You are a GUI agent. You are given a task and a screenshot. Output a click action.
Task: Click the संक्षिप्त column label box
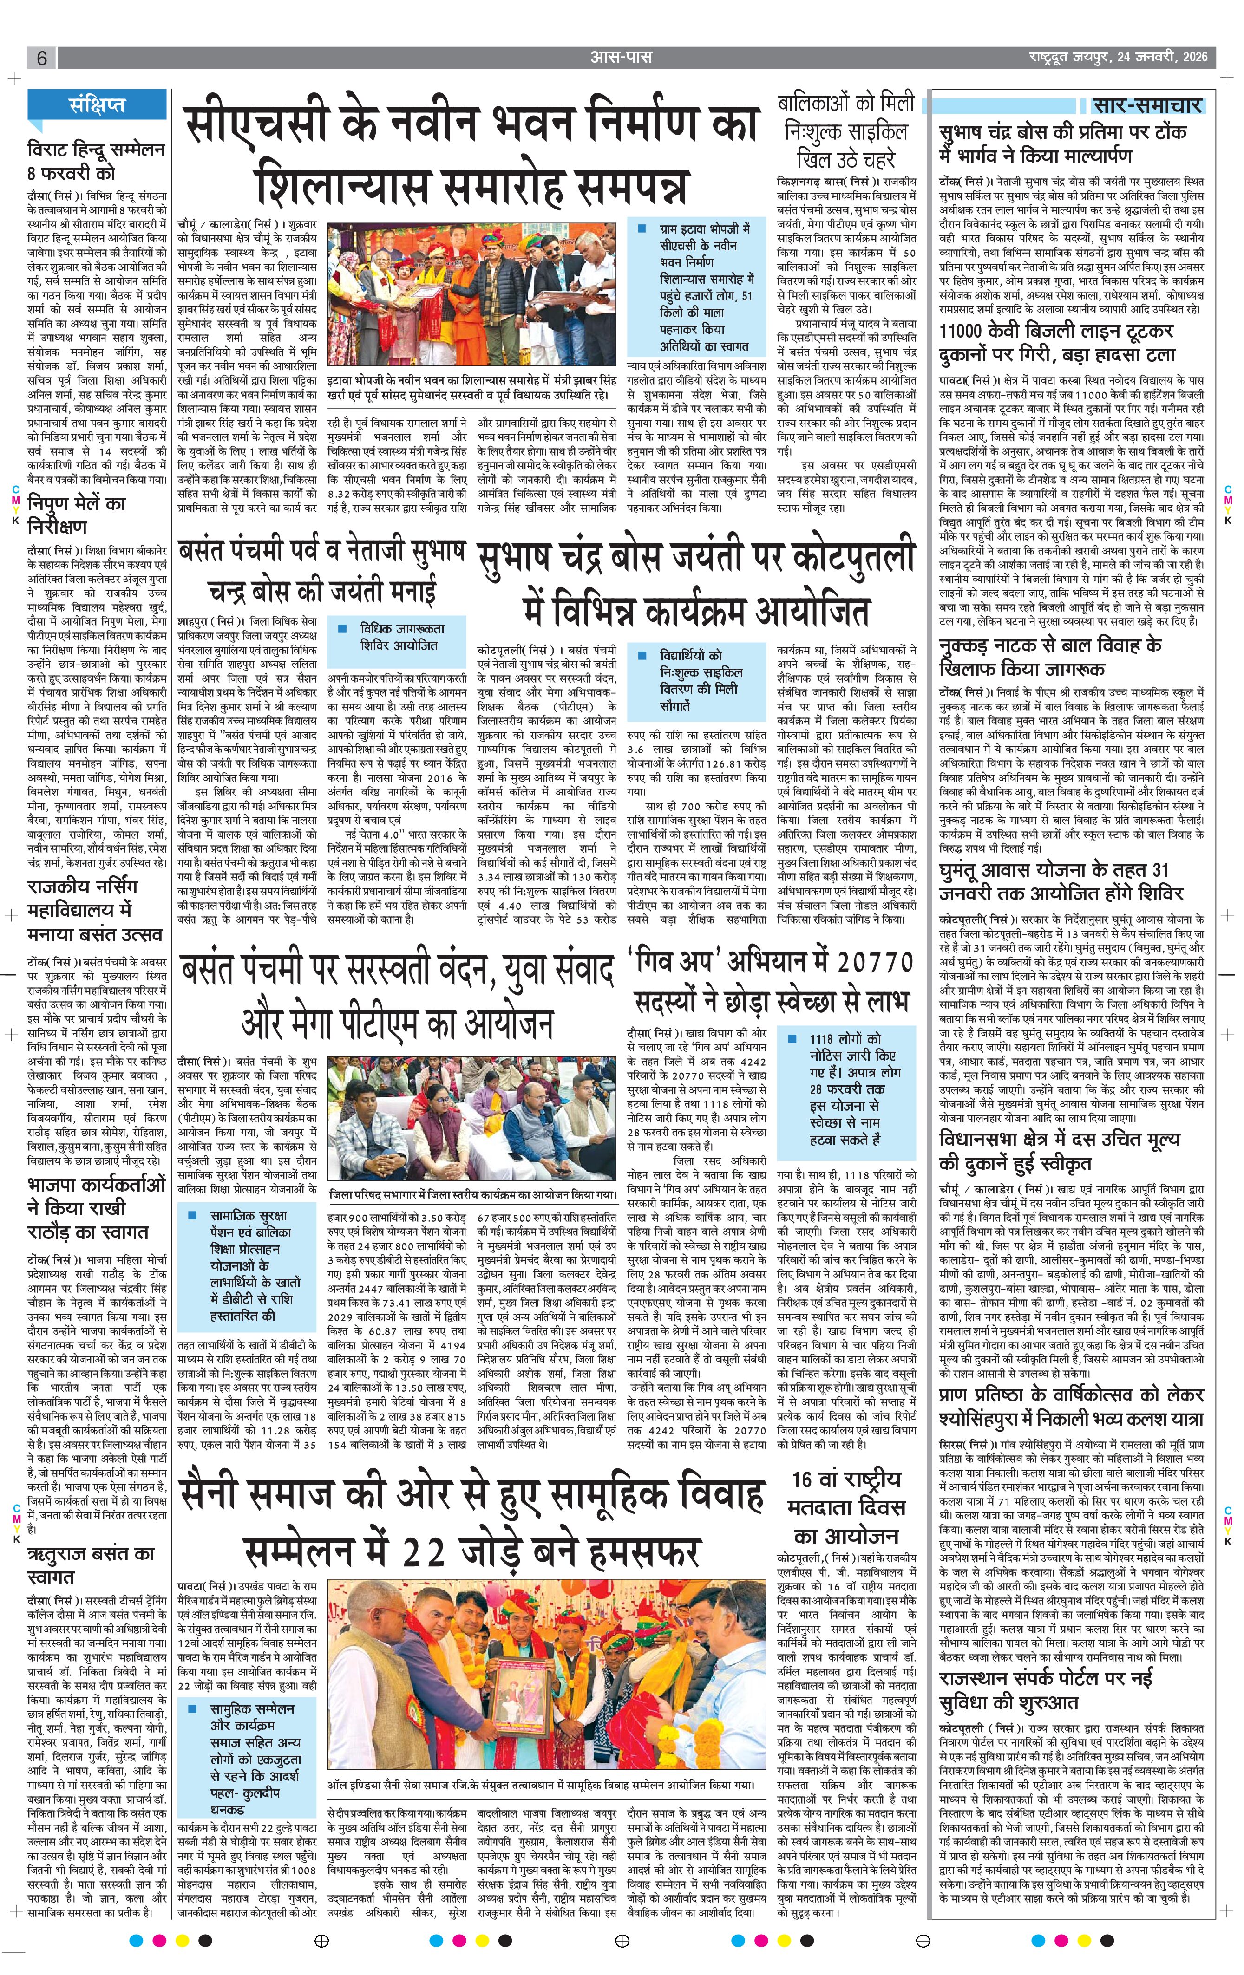pos(98,105)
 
